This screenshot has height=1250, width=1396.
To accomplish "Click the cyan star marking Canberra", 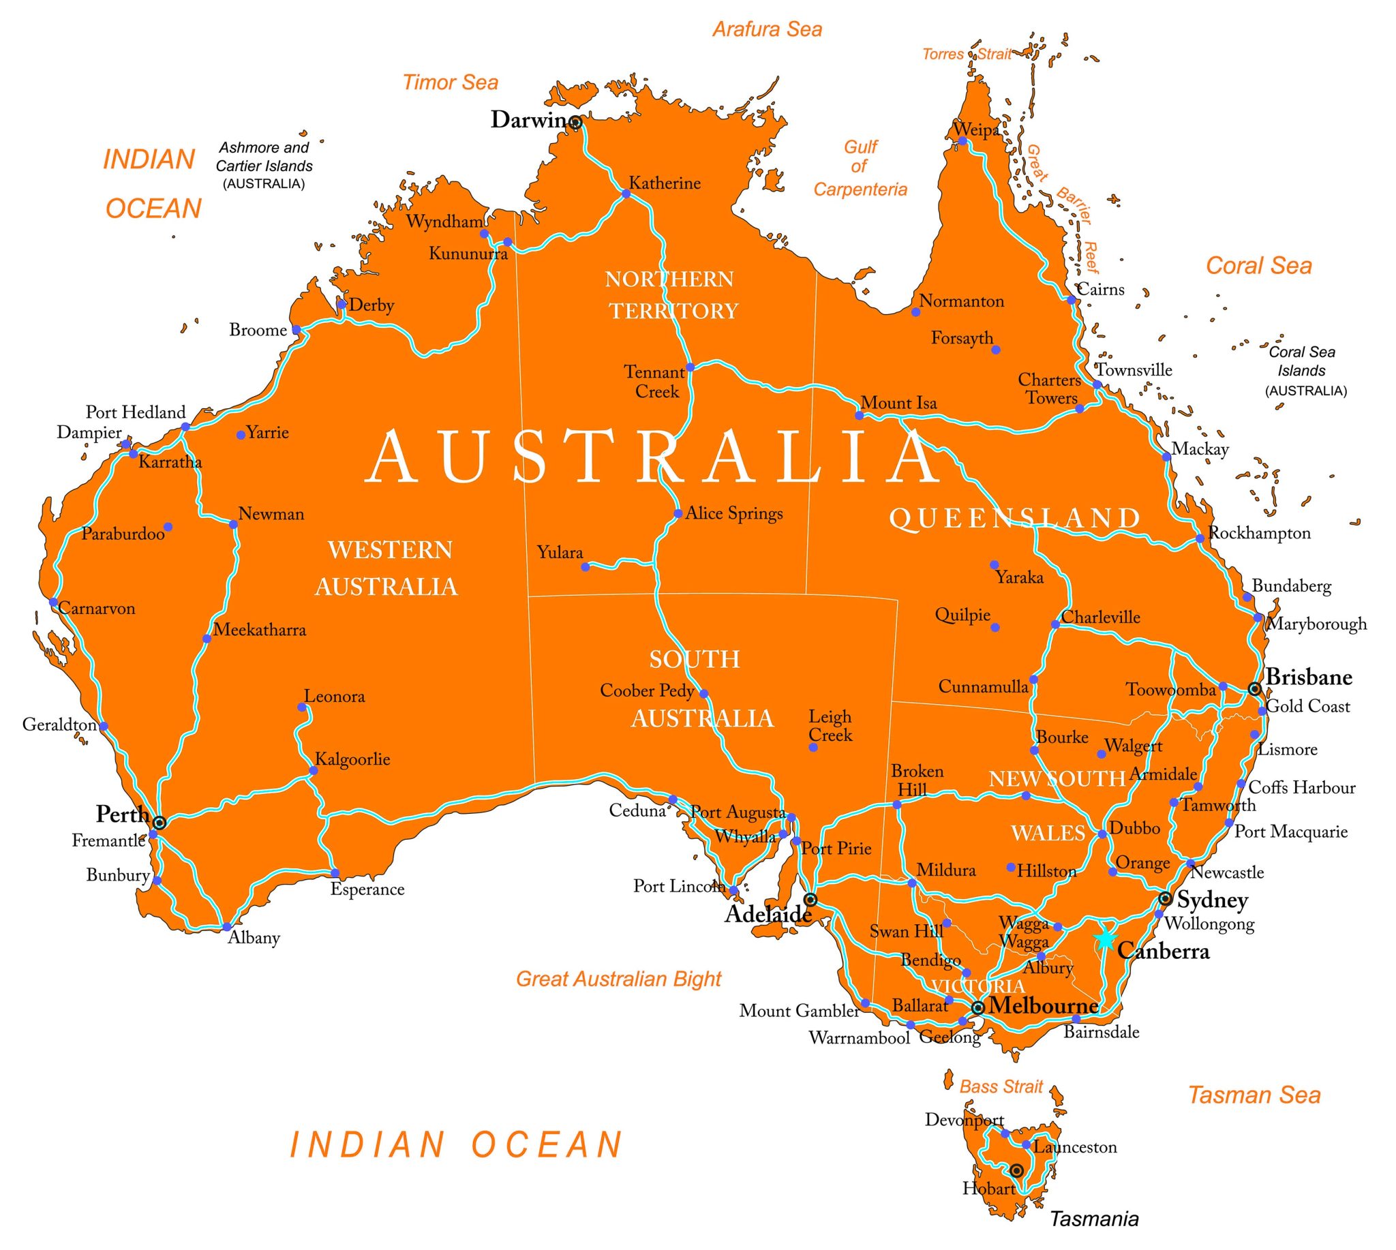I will pyautogui.click(x=1105, y=939).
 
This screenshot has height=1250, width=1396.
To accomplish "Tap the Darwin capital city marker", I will pyautogui.click(x=576, y=123).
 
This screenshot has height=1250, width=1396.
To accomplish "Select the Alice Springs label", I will pyautogui.click(x=733, y=514).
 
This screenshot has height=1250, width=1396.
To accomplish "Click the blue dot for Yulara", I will pyautogui.click(x=586, y=567).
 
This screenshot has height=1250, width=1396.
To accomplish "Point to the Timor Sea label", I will pyautogui.click(x=450, y=82).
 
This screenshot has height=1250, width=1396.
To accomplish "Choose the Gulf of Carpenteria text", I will pyautogui.click(x=860, y=168).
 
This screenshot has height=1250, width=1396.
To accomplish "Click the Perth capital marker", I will pyautogui.click(x=160, y=822).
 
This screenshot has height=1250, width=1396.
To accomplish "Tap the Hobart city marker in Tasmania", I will pyautogui.click(x=1017, y=1170).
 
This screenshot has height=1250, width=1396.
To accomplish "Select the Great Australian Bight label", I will pyautogui.click(x=618, y=979).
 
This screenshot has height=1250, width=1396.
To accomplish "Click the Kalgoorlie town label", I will pyautogui.click(x=352, y=759).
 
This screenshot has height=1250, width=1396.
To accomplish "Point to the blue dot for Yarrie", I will pyautogui.click(x=241, y=435).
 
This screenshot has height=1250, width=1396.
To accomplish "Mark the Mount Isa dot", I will pyautogui.click(x=859, y=416).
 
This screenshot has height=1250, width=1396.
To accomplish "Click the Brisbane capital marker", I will pyautogui.click(x=1254, y=689).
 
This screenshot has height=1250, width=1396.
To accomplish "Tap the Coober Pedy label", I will pyautogui.click(x=646, y=690).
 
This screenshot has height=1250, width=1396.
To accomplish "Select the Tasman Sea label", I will pyautogui.click(x=1254, y=1095).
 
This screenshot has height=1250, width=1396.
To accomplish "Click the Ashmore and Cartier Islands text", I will pyautogui.click(x=264, y=166).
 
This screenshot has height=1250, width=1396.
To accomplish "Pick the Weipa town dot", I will pyautogui.click(x=962, y=142).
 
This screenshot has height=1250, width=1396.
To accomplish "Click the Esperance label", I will pyautogui.click(x=367, y=889).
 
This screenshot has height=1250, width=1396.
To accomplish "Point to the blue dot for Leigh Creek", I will pyautogui.click(x=813, y=747).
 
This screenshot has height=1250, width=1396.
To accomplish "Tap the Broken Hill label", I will pyautogui.click(x=917, y=780).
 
